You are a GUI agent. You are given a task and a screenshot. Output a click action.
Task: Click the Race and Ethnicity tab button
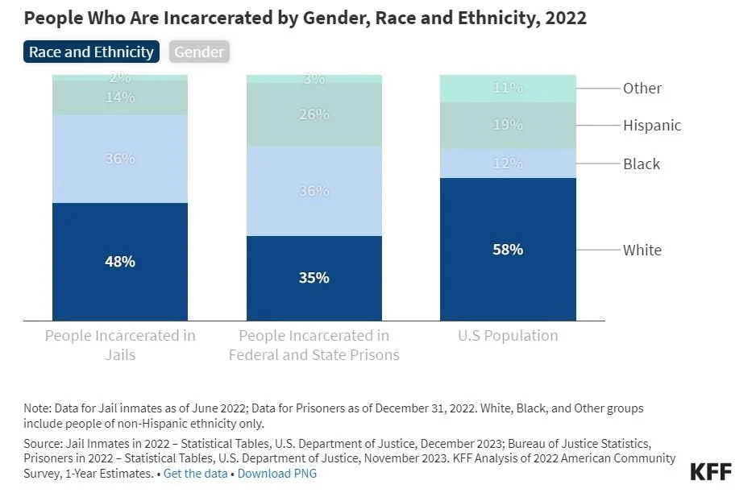click(x=91, y=52)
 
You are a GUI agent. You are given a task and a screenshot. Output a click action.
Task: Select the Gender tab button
click(x=199, y=52)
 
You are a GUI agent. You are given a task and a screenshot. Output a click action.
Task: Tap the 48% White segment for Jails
click(x=120, y=262)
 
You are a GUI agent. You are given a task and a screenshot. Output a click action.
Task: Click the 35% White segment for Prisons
click(x=314, y=278)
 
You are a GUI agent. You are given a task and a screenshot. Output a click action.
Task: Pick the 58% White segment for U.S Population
click(x=508, y=250)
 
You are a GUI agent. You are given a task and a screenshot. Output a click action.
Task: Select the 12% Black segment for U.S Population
click(x=508, y=164)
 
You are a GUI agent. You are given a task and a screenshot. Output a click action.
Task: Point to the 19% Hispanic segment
click(x=508, y=125)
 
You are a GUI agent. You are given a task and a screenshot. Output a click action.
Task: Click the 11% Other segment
click(x=508, y=89)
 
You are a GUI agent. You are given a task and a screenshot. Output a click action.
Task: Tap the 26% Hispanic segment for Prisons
click(x=314, y=114)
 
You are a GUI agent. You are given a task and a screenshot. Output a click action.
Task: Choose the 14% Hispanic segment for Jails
click(x=120, y=97)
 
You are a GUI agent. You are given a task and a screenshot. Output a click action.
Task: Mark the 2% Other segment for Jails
click(x=120, y=77)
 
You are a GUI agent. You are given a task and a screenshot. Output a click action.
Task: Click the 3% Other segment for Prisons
click(x=314, y=79)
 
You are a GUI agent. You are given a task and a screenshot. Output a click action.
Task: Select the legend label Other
click(x=642, y=89)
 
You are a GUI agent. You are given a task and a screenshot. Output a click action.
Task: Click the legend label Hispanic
click(x=651, y=126)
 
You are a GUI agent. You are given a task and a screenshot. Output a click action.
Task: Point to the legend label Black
click(x=641, y=164)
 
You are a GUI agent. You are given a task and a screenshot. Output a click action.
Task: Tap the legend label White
click(x=642, y=250)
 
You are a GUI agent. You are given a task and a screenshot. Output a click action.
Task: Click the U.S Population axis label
click(x=508, y=336)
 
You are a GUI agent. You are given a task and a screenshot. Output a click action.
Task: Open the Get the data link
click(x=195, y=474)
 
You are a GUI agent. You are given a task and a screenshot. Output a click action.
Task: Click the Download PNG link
click(x=276, y=474)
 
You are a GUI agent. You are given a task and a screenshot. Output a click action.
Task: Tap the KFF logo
click(x=711, y=472)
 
